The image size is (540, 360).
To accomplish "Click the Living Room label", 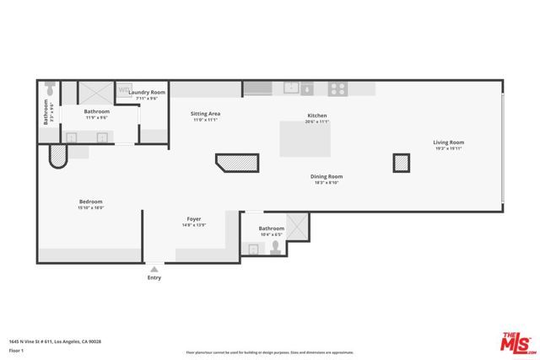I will coord(449,142).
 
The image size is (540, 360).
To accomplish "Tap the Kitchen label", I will coord(316,116).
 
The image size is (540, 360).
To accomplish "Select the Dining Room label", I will coord(327,176).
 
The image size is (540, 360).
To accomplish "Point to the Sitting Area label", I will coord(205,113).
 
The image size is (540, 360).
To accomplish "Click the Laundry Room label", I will coord(147,92).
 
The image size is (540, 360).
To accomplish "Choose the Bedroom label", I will coord(91,201).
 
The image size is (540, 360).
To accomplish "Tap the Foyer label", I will coord(193,219).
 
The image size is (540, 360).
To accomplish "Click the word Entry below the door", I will coord(154,277).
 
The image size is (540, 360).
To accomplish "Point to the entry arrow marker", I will coord(154,268).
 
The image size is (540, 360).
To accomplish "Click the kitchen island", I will coord(304,137).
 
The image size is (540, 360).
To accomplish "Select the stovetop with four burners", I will coord(337,88).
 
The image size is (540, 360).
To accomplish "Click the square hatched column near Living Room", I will coord(400,164).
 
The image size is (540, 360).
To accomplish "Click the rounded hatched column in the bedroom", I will coord(58,156).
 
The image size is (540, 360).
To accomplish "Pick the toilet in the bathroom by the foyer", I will coord(275,247).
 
